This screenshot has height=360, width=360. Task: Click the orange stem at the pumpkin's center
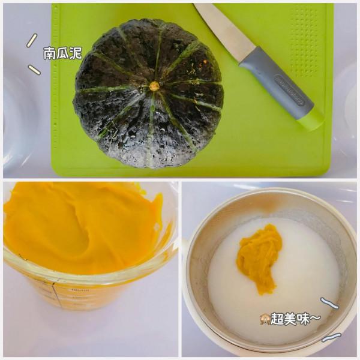pos(154,86)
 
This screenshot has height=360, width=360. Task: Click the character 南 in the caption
pos(50,53)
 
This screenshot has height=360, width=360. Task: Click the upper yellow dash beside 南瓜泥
pos(31,40)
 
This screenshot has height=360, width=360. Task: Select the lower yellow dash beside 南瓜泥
pos(34,70)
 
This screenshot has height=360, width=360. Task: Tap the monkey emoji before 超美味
pos(264,319)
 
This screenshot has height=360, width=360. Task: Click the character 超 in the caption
pos(277,319)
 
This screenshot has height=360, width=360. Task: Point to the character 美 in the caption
pos(290,319)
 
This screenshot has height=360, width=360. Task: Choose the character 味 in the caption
pos(303,319)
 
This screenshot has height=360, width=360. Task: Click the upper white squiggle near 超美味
pos(329,302)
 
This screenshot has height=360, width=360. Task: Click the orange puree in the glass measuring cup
pos(78,228)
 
